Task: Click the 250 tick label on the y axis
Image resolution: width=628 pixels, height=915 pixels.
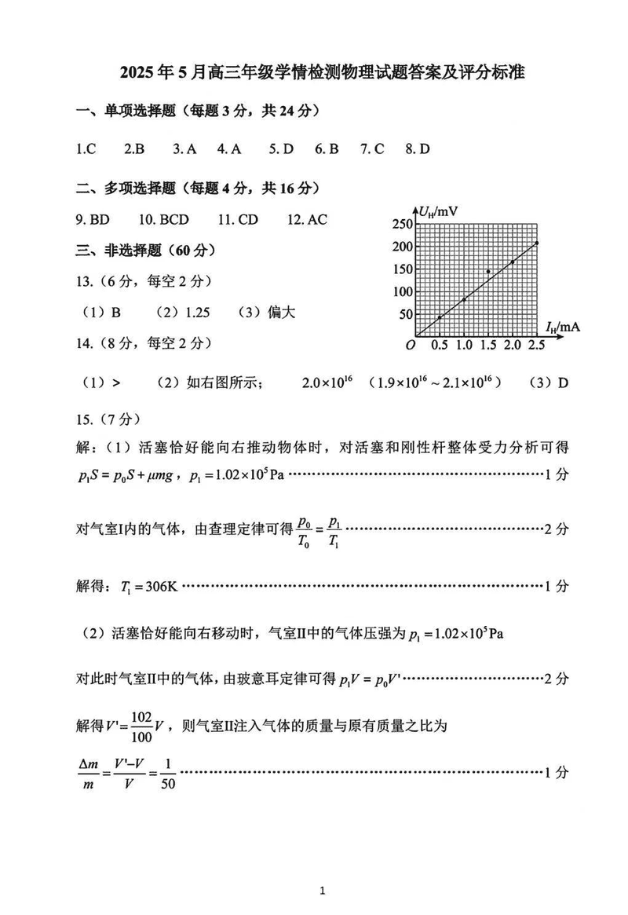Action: click(x=402, y=225)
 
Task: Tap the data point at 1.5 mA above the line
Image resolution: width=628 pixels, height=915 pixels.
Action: click(x=488, y=272)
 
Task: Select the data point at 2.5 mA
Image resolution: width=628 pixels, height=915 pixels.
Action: click(x=537, y=243)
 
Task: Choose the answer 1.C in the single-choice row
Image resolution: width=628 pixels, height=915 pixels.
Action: click(x=86, y=148)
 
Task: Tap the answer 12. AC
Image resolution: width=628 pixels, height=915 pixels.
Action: click(x=307, y=220)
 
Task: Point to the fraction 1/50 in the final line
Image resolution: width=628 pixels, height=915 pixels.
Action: click(x=168, y=773)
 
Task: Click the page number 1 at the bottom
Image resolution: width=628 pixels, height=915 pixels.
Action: click(x=323, y=891)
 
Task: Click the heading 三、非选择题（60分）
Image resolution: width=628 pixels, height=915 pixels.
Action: click(x=146, y=251)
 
